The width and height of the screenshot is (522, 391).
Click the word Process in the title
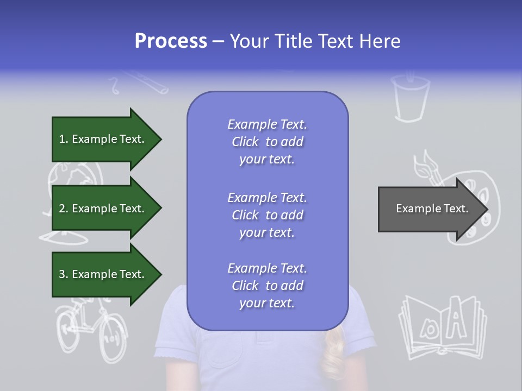pyautogui.click(x=171, y=41)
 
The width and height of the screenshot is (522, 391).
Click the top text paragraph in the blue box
pyautogui.click(x=267, y=142)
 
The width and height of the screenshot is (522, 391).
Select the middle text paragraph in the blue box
pyautogui.click(x=267, y=215)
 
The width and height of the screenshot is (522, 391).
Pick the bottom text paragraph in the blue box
pyautogui.click(x=267, y=286)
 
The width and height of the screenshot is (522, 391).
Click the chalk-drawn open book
pyautogui.click(x=442, y=326)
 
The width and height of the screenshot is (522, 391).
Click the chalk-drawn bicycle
pyautogui.click(x=90, y=329)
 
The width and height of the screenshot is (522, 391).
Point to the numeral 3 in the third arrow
pyautogui.click(x=62, y=274)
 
